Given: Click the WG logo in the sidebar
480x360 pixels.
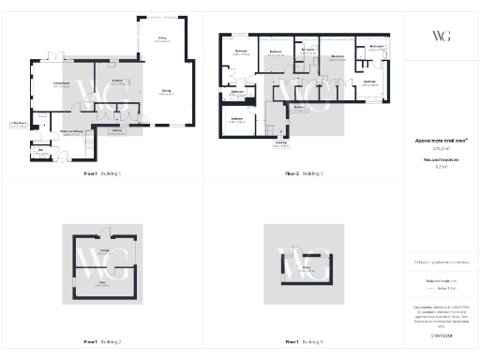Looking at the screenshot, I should (x=441, y=37).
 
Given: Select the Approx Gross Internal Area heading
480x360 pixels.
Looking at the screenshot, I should (x=441, y=141).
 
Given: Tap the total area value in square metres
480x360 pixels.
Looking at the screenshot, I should (x=441, y=148).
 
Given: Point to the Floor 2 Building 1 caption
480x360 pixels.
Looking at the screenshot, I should (x=305, y=174).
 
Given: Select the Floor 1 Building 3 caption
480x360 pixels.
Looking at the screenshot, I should (x=305, y=342).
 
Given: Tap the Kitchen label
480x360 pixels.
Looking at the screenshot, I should (x=120, y=82).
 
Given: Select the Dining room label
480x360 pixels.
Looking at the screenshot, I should (x=167, y=92).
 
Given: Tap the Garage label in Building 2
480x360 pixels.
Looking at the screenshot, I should (x=106, y=251).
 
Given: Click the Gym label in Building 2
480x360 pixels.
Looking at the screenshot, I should (x=102, y=284).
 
